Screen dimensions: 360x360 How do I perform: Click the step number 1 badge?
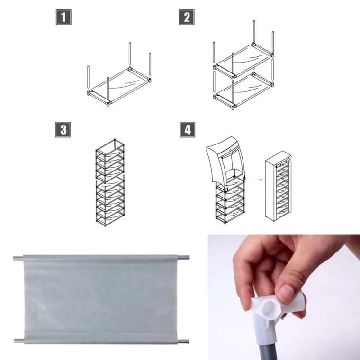pyautogui.click(x=63, y=17)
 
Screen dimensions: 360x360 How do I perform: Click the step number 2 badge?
pyautogui.click(x=187, y=17)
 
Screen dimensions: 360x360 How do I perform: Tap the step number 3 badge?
pyautogui.click(x=63, y=129)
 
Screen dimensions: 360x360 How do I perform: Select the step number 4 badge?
pyautogui.click(x=188, y=129)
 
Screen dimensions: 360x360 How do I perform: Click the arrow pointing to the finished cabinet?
pyautogui.click(x=254, y=180)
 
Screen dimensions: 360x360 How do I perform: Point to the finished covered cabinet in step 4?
pyautogui.click(x=278, y=186)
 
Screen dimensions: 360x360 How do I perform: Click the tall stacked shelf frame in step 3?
pyautogui.click(x=110, y=182)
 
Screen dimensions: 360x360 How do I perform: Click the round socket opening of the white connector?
pyautogui.click(x=270, y=307)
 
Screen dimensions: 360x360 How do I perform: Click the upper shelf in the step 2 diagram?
pyautogui.click(x=243, y=60)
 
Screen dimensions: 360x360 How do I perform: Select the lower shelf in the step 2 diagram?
pyautogui.click(x=243, y=90)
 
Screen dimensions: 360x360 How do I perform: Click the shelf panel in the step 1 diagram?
pyautogui.click(x=119, y=86)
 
